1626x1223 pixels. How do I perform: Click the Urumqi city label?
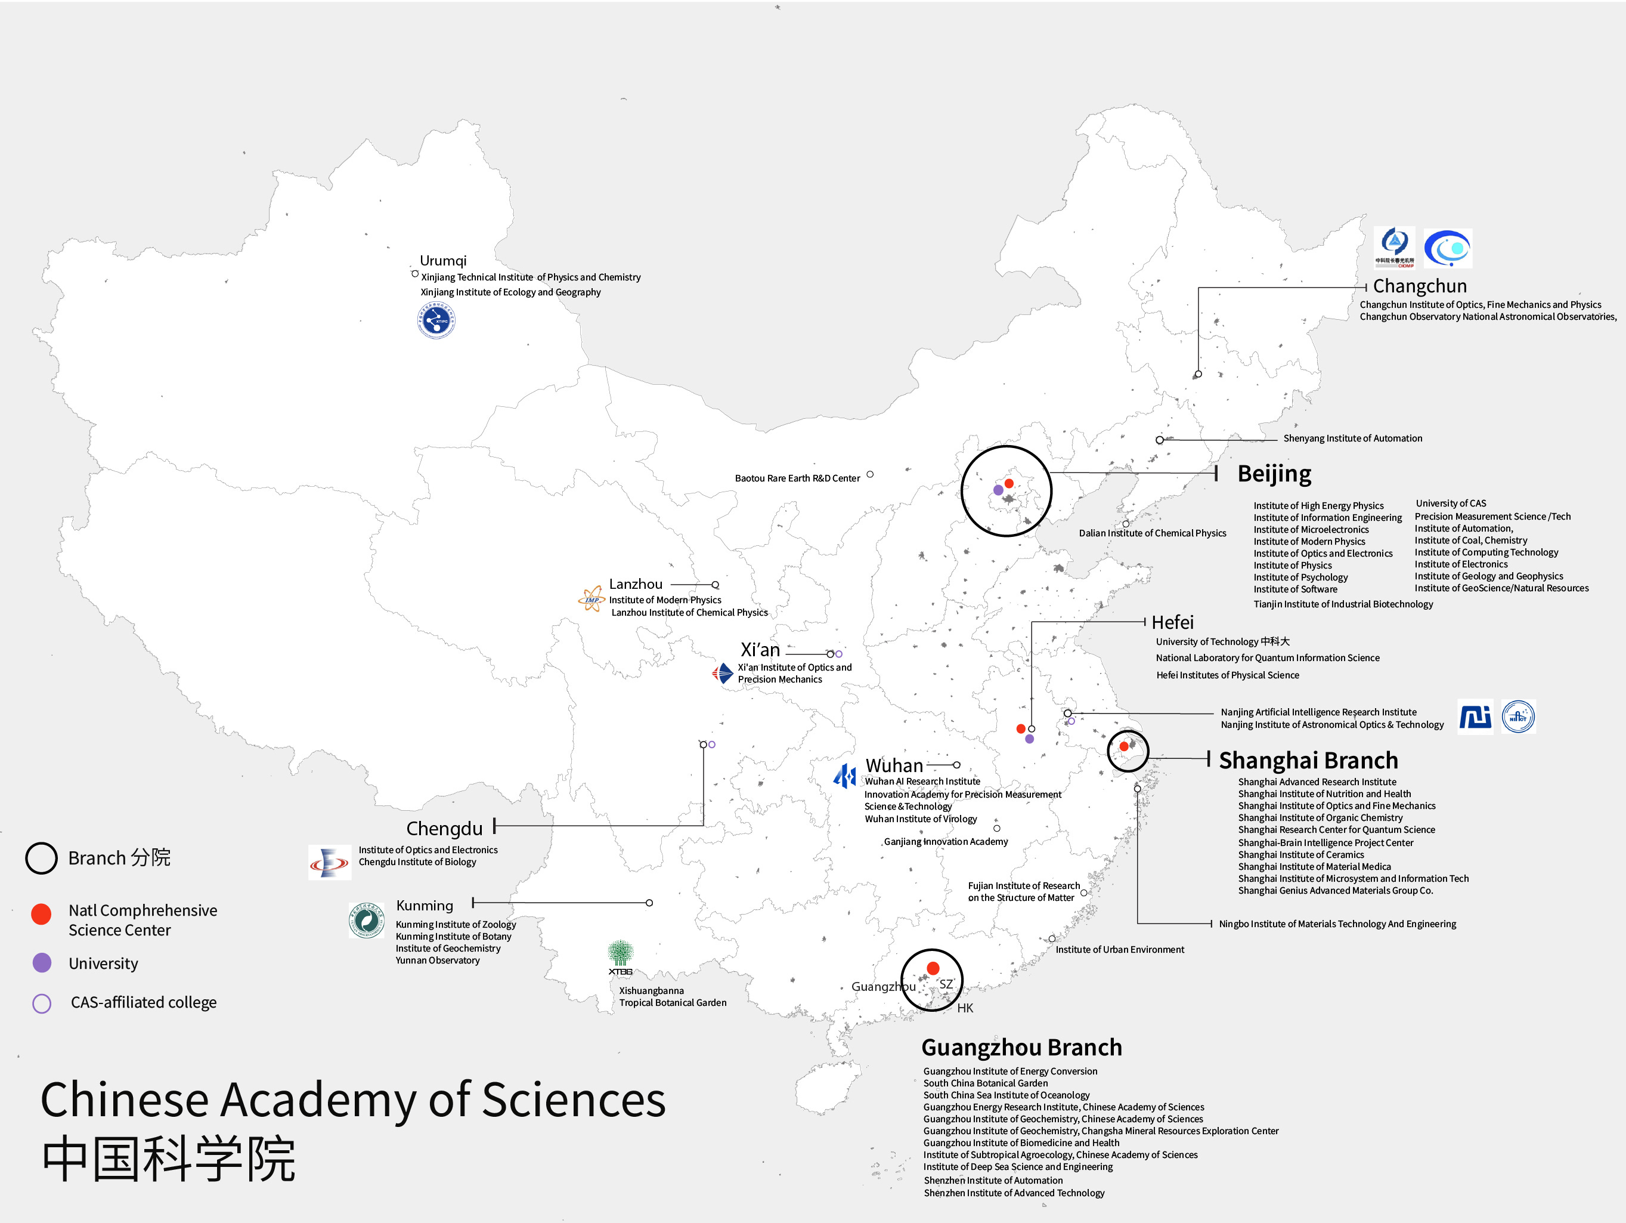(442, 260)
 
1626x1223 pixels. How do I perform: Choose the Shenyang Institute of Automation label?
(1352, 438)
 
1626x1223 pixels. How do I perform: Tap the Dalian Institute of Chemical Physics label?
(1152, 533)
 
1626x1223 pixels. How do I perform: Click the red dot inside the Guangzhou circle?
(933, 968)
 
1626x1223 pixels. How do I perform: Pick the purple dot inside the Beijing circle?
(998, 490)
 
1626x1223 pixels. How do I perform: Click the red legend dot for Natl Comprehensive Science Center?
(41, 913)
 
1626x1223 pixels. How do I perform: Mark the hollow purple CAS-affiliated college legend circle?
(42, 1003)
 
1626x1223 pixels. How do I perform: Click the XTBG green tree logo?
(621, 956)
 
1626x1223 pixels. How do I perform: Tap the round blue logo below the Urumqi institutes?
(436, 320)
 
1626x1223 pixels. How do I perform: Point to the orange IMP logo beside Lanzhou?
(591, 598)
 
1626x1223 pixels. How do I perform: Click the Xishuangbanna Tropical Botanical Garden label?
(672, 996)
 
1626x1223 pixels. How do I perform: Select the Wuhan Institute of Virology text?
(920, 819)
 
